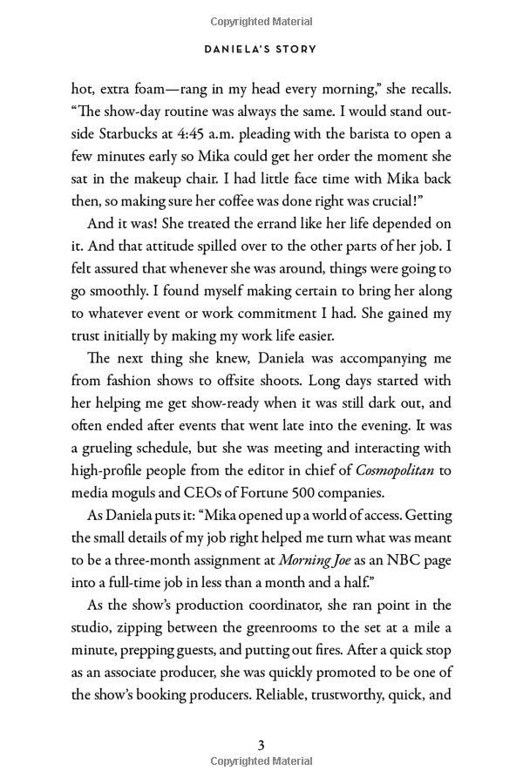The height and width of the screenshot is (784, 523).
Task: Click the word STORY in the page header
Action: click(x=294, y=50)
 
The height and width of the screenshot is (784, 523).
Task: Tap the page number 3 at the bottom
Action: click(x=261, y=745)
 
